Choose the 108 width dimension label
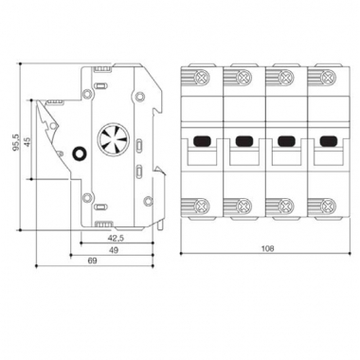(264, 251)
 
